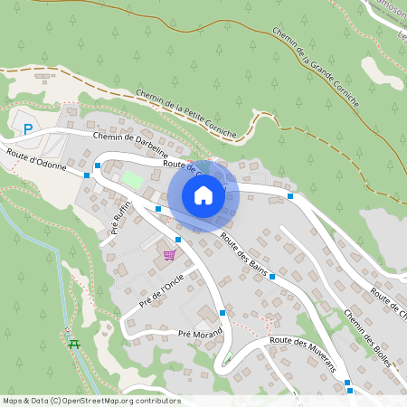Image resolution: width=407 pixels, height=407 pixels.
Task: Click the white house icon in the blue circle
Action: [203, 194]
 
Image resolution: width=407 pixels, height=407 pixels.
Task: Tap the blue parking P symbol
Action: [28, 130]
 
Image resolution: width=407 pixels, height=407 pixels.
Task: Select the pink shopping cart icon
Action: [169, 255]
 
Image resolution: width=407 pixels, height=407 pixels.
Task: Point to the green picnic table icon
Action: [74, 343]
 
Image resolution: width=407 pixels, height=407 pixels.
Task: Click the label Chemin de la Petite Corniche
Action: [185, 113]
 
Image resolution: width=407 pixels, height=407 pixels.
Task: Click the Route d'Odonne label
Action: [37, 161]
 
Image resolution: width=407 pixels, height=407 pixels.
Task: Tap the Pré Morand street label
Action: [200, 334]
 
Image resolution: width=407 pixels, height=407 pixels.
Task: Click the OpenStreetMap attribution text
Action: [91, 400]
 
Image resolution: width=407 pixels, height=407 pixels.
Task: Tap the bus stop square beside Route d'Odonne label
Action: [88, 175]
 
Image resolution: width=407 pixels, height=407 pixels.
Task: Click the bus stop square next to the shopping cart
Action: [178, 240]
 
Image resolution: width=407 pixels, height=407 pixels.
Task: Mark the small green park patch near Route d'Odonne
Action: [133, 180]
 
